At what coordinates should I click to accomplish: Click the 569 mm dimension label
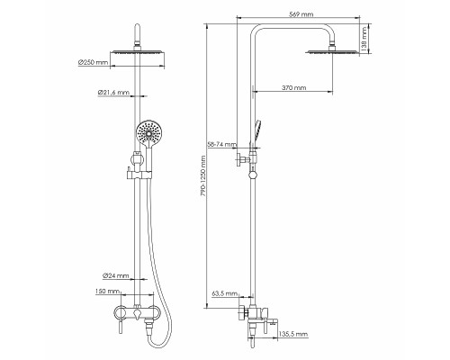click(x=301, y=14)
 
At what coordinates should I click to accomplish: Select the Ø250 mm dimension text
click(x=93, y=62)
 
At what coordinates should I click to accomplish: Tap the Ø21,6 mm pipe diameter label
click(x=113, y=93)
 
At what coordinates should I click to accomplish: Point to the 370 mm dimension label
click(x=294, y=87)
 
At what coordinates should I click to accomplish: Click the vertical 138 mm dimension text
click(x=364, y=40)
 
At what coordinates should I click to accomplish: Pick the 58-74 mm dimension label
click(x=222, y=144)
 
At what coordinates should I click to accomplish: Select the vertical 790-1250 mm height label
click(x=203, y=176)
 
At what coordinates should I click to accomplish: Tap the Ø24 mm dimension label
click(x=115, y=275)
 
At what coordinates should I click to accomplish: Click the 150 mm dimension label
click(x=107, y=291)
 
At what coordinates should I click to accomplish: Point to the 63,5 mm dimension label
click(x=225, y=293)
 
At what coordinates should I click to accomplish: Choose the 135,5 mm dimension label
click(x=293, y=334)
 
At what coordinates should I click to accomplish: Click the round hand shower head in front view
click(x=148, y=132)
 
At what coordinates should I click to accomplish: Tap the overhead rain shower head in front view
click(x=138, y=52)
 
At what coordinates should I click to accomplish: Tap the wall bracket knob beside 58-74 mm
click(x=240, y=159)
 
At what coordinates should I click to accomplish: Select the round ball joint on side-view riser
click(x=254, y=175)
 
